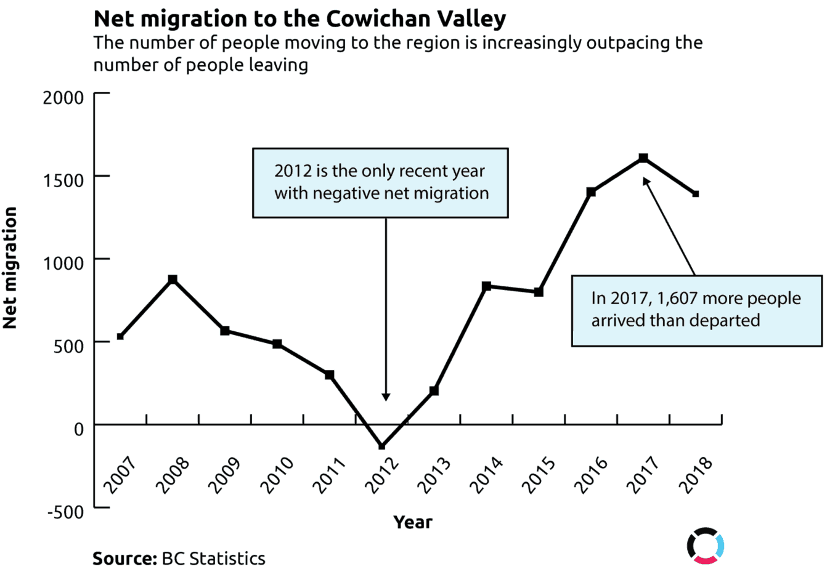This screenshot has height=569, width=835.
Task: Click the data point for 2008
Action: point(173,280)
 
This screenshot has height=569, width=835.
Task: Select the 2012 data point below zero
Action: point(381,446)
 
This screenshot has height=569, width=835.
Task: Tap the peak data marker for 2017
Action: point(643,158)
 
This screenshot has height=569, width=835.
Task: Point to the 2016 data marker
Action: point(591,192)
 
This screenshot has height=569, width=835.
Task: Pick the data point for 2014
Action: point(486,286)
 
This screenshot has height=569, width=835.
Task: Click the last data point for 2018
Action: point(695,194)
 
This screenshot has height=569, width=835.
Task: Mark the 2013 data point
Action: point(434,391)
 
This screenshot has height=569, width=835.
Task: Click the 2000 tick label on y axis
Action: point(63,97)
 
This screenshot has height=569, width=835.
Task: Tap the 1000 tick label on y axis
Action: point(63,264)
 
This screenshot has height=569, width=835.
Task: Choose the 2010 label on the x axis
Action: point(277,475)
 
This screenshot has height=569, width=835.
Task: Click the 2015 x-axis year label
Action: point(539,475)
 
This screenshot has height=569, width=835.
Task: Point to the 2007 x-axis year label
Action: point(120,475)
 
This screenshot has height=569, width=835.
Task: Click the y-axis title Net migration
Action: point(10,268)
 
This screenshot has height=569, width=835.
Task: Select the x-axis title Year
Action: point(412,522)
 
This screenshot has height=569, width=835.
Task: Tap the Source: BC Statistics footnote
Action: point(179,558)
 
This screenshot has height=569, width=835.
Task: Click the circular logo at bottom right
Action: point(705,545)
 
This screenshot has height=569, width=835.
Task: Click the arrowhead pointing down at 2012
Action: point(386,397)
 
